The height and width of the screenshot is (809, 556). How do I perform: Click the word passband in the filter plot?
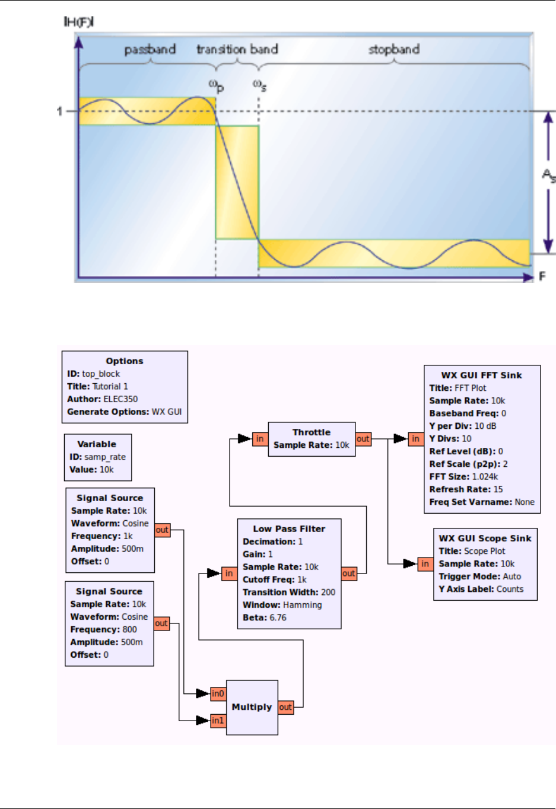[x=150, y=50]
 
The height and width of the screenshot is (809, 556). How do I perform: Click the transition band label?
[x=237, y=49]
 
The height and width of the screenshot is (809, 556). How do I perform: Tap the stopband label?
[x=393, y=49]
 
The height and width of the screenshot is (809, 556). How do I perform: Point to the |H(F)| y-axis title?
[x=78, y=22]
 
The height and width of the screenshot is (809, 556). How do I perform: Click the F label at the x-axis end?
[x=542, y=276]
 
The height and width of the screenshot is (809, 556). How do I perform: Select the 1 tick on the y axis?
[x=59, y=111]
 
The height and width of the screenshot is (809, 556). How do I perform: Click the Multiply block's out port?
[x=285, y=707]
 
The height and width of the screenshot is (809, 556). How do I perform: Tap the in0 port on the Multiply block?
[x=218, y=693]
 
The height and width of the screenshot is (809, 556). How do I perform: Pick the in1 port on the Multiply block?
[x=218, y=721]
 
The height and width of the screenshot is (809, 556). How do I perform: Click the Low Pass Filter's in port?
[x=228, y=573]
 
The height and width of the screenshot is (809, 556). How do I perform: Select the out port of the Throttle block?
[x=363, y=439]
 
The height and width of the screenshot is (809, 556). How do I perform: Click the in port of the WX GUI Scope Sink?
[x=425, y=564]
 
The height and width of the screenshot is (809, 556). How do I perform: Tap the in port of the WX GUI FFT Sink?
[x=415, y=439]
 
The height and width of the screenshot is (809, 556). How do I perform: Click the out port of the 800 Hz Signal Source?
[x=161, y=623]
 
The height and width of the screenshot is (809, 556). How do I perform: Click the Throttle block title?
[x=312, y=432]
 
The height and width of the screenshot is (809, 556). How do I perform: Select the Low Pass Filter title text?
[x=289, y=529]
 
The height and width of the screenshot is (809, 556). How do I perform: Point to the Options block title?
[x=125, y=361]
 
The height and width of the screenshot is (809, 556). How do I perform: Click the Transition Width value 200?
[x=328, y=592]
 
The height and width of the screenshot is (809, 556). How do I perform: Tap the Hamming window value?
[x=303, y=605]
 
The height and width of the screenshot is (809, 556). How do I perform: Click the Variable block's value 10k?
[x=107, y=469]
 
